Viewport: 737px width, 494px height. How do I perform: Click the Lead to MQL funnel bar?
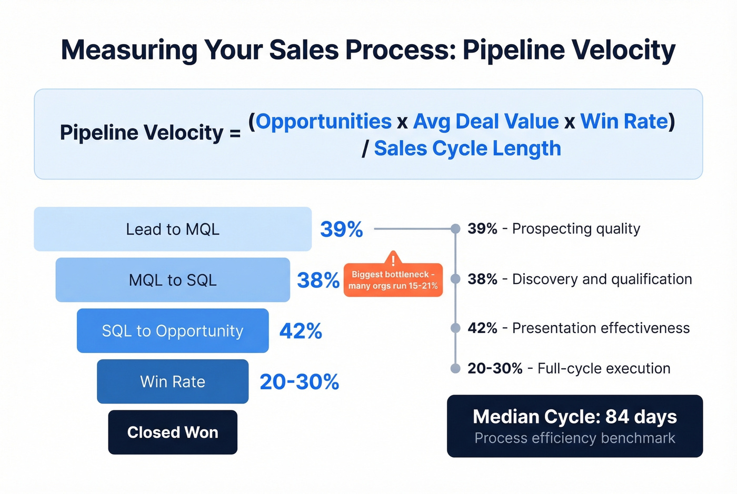(173, 229)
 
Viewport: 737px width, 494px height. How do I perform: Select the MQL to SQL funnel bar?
(173, 280)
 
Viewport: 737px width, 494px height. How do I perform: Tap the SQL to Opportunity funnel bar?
(173, 331)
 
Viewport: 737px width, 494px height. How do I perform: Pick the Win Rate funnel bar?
(173, 381)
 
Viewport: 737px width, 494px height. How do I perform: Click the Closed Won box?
(173, 432)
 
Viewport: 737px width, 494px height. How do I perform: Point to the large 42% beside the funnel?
(301, 331)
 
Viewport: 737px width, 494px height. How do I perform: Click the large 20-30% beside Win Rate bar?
(299, 382)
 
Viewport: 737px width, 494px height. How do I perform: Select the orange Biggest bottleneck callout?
(393, 280)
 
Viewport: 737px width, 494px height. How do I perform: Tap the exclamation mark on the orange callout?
(393, 260)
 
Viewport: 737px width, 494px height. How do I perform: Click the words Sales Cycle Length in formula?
(467, 149)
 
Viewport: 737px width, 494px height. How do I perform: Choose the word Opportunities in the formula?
(324, 122)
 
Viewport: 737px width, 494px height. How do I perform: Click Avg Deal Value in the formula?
(486, 122)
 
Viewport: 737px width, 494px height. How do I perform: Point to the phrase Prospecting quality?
(576, 229)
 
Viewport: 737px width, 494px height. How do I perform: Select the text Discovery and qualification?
(602, 279)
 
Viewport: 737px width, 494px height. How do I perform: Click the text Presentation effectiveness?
(601, 328)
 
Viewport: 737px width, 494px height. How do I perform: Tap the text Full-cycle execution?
(604, 368)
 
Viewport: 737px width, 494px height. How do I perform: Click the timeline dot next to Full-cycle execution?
(455, 368)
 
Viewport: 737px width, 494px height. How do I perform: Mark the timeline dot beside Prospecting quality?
(455, 229)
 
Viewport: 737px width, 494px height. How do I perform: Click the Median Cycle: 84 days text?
(575, 417)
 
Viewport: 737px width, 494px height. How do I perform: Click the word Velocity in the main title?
(624, 51)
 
